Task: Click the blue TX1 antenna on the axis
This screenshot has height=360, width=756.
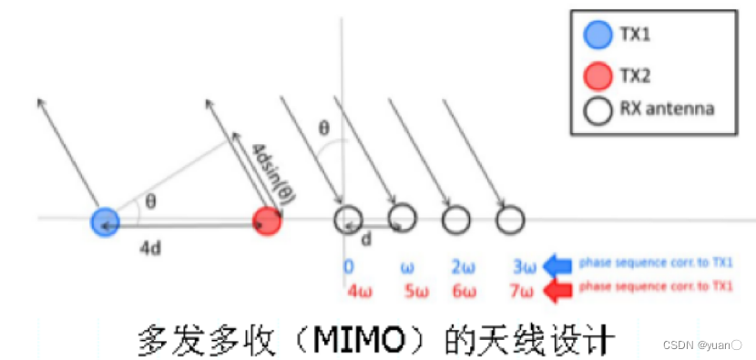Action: coord(106,220)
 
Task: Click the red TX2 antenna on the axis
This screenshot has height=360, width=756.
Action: coord(267,220)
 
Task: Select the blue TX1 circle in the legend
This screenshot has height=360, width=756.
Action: coord(598,36)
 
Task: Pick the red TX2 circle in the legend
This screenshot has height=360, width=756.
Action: coord(598,75)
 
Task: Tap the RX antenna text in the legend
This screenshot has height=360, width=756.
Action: coord(669,109)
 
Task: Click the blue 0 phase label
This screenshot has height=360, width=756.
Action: coord(347,267)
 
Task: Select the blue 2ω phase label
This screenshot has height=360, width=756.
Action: coord(461,267)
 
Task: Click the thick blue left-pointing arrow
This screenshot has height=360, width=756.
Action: coord(557,265)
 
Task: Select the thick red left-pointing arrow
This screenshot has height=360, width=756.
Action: coord(557,290)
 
